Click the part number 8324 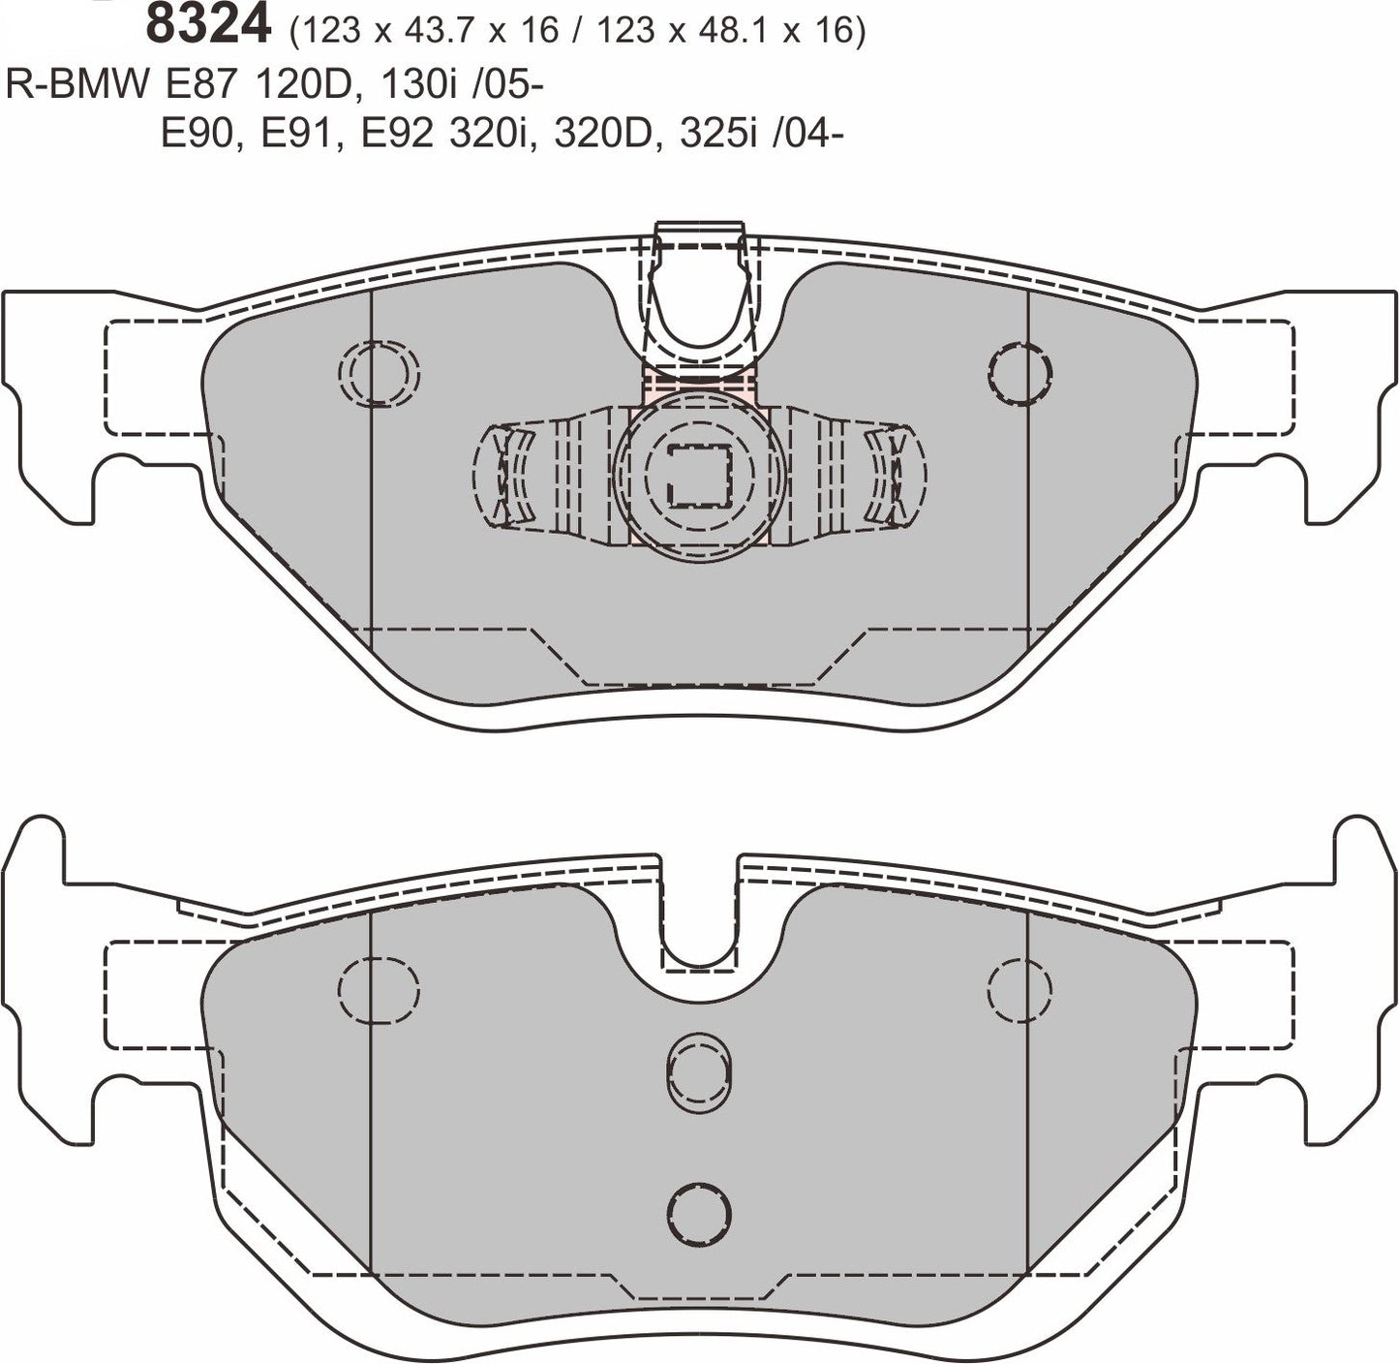pyautogui.click(x=207, y=26)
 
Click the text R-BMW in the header pyautogui.click(x=77, y=85)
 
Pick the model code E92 pyautogui.click(x=399, y=135)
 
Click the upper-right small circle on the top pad pyautogui.click(x=1020, y=372)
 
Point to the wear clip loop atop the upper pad pyautogui.click(x=700, y=291)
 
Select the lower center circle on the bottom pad pyautogui.click(x=699, y=1207)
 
